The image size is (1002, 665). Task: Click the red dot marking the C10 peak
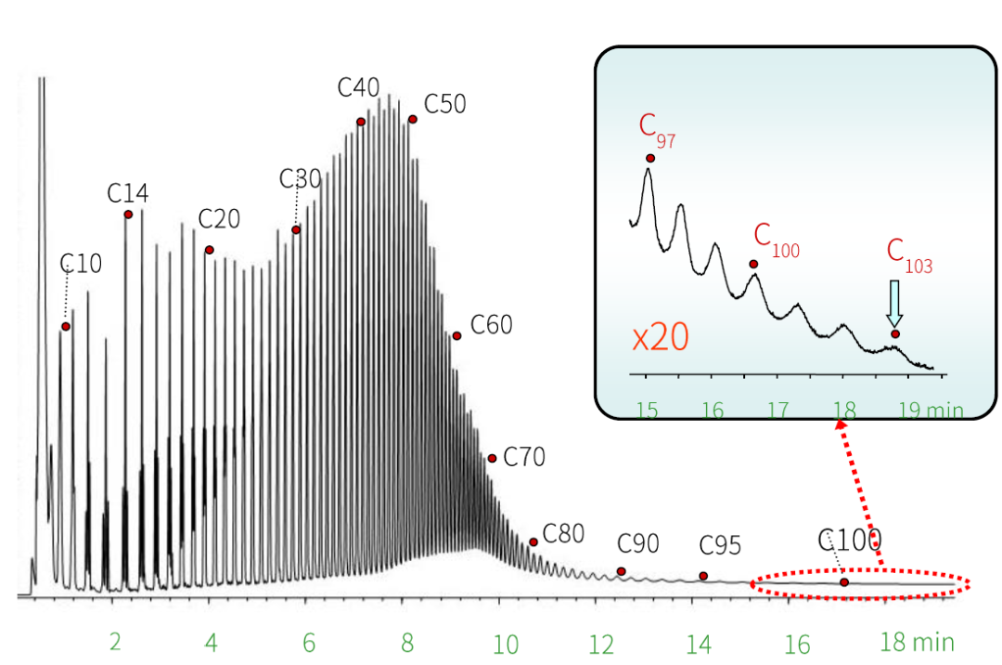pos(66,326)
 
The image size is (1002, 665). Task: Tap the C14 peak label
pos(127,193)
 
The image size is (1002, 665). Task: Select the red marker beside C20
pos(210,250)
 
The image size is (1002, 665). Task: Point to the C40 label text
pos(358,88)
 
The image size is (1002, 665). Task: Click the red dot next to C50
pos(412,119)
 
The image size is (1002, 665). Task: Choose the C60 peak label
pos(491,325)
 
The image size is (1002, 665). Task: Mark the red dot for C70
pos(493,458)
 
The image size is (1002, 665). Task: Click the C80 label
pos(563,533)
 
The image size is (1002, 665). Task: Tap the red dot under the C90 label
pos(622,571)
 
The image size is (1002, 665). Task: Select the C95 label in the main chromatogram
pos(720,546)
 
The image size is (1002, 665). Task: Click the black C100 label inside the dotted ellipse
pos(849,540)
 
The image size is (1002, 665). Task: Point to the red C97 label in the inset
pos(657,131)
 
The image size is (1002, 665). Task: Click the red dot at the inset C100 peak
pos(753,264)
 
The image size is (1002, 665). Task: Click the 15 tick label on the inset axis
pos(648,410)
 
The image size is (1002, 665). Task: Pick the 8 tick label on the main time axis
pos(406,643)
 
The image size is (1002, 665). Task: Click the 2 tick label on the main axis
pos(116,643)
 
